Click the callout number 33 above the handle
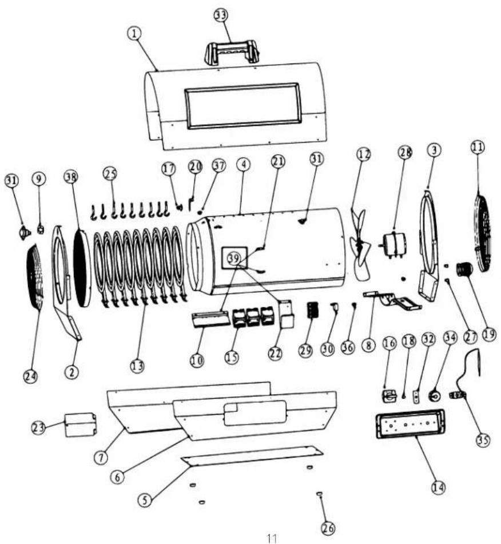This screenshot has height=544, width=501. coord(221,16)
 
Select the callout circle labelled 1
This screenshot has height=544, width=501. coord(134,33)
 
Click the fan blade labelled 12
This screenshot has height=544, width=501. coord(360,244)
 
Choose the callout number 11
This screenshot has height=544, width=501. coord(478,147)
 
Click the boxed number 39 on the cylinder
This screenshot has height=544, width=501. coord(234,258)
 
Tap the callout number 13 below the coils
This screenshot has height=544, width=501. coord(137,366)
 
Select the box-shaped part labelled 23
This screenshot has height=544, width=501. coord(81,424)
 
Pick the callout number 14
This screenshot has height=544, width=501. coord(438,487)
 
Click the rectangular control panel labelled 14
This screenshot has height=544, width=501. coord(411,424)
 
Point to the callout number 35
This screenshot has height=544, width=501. coord(483,440)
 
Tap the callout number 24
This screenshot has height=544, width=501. coord(30,376)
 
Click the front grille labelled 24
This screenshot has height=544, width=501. coord(35,276)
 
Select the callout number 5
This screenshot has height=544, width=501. coord(145,501)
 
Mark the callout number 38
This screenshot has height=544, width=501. coord(71,177)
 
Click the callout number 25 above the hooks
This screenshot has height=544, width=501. coord(110,174)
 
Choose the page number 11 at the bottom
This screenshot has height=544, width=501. coord(272,538)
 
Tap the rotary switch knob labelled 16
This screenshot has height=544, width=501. coord(388,396)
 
